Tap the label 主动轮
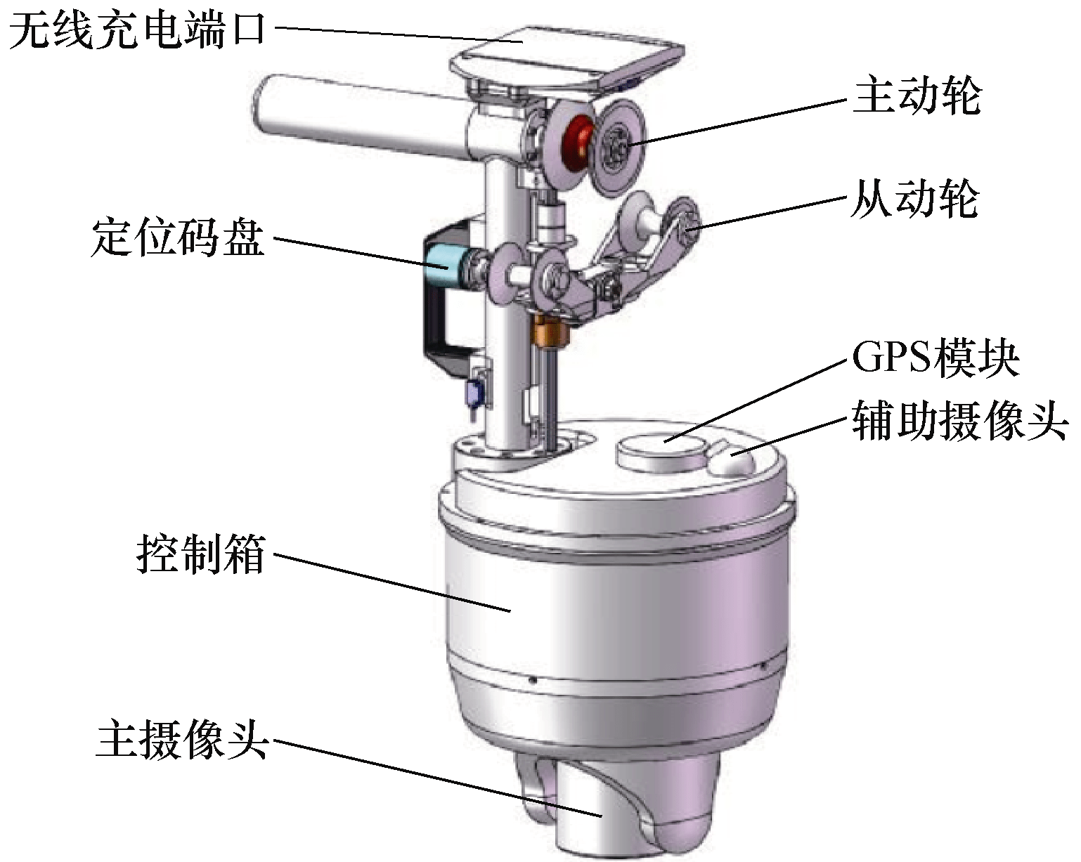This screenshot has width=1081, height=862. coord(917,96)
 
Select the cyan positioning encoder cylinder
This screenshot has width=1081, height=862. coord(443,267)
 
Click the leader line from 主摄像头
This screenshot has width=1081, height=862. coord(436,777)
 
